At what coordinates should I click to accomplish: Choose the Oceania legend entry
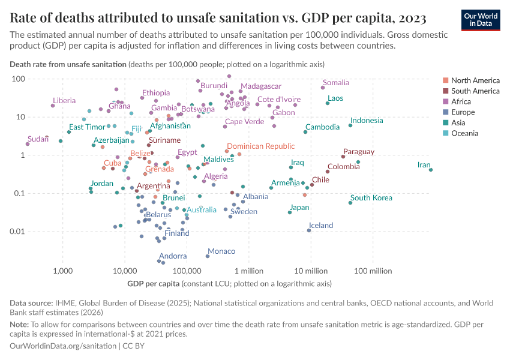point(464,133)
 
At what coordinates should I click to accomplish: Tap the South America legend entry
point(475,91)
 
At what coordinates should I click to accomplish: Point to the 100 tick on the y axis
point(17,79)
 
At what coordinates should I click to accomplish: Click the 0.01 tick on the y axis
point(16,232)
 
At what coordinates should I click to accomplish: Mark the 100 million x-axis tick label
point(373,271)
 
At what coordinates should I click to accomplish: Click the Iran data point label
point(424,165)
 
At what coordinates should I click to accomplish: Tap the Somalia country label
point(335,83)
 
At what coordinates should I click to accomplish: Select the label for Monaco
point(221,251)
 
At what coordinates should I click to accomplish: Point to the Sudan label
point(38,139)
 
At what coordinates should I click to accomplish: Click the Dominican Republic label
point(260,146)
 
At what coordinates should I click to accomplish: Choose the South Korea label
point(371,198)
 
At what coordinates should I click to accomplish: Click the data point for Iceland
point(309,230)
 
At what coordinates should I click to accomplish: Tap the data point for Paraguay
point(343,157)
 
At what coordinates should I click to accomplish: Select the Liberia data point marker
point(53,106)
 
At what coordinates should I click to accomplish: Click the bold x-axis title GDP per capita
point(153,284)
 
